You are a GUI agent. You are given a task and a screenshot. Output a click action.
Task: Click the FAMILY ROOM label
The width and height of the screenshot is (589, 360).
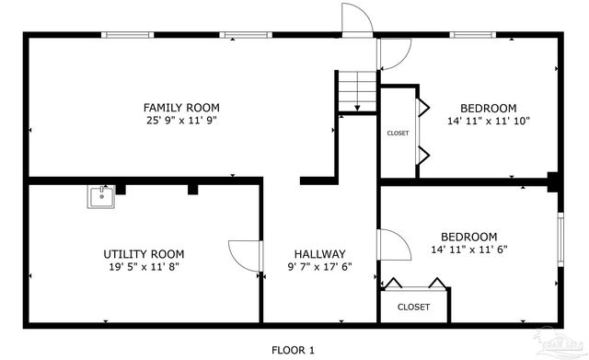180,107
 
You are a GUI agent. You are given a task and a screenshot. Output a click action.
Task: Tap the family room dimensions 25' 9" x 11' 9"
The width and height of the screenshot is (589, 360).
180,121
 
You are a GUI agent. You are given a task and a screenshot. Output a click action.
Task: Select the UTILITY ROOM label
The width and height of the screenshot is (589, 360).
144,254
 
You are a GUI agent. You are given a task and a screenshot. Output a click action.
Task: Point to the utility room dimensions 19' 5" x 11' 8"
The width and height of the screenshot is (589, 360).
144,268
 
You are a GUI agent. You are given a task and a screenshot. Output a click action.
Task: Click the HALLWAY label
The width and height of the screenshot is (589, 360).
319,254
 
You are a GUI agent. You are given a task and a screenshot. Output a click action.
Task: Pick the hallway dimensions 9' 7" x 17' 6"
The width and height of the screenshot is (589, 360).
319,268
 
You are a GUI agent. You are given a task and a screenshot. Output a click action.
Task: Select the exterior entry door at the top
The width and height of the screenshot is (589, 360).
355,18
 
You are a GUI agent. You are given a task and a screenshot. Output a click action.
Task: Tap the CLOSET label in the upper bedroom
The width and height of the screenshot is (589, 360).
398,134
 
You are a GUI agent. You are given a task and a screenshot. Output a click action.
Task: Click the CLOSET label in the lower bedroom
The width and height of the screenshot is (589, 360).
413,307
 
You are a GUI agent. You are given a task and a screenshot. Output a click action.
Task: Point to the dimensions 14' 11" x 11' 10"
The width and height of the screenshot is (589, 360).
489,121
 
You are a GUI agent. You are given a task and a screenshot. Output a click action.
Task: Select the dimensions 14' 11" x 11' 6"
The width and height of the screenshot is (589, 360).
468,250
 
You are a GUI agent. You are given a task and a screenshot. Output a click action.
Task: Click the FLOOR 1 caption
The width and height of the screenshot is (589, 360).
294,350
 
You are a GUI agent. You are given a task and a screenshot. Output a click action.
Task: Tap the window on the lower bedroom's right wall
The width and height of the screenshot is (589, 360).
560,241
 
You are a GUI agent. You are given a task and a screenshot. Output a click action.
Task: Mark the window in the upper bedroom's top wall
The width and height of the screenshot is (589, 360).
474,35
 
